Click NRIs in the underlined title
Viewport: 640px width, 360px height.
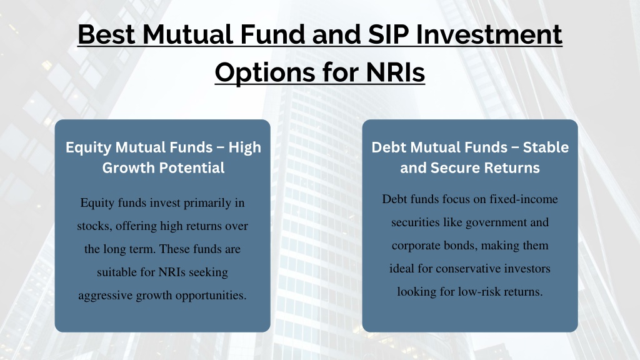(x=396, y=72)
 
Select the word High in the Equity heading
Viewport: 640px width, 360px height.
(x=245, y=147)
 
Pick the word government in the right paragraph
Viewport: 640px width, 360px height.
(x=496, y=223)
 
